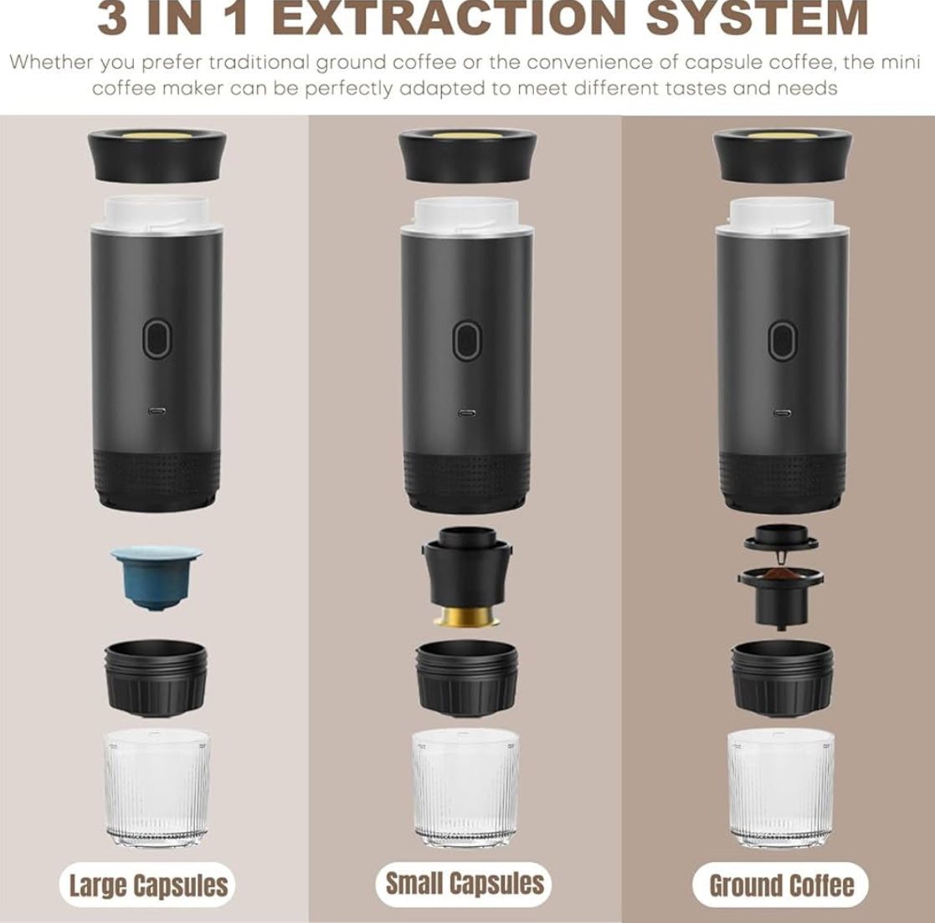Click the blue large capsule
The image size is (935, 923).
coord(157,577)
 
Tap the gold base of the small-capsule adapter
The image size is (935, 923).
coord(467,617)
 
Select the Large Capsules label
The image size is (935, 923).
coord(148,885)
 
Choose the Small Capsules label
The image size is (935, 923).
coord(465,883)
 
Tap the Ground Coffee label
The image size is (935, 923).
coord(781,885)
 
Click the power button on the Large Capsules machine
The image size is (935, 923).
coord(157,338)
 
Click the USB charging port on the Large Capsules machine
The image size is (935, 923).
coord(157,412)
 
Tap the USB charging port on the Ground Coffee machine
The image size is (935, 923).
coord(782,413)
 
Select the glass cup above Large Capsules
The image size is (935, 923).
coord(157,787)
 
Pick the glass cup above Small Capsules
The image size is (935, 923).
coord(465,787)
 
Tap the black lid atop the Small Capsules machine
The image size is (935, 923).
coord(467,156)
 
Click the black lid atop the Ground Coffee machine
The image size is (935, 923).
coord(783,156)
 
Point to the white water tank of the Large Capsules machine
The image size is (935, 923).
coord(157,213)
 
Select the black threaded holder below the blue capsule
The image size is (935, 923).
coord(157,679)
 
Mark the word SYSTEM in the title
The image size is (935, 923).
coord(758,18)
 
